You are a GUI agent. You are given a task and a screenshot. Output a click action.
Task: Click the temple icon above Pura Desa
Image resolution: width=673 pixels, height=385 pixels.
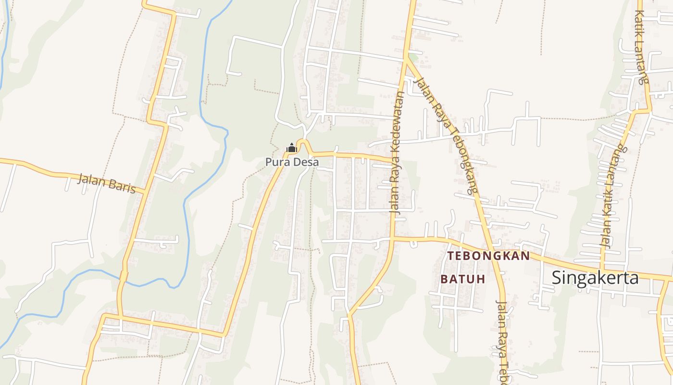(291, 148)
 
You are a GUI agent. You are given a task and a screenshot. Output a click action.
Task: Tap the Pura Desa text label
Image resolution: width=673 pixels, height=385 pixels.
(292, 162)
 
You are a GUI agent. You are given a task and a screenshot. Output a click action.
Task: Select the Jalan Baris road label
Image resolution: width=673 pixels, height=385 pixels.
(106, 183)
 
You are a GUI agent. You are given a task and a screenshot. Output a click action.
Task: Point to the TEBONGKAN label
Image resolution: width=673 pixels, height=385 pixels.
(488, 256)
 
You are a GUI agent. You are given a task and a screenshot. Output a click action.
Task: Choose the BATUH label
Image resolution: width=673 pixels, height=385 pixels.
(462, 279)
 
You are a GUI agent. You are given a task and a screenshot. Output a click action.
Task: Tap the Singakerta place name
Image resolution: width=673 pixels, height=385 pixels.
(595, 278)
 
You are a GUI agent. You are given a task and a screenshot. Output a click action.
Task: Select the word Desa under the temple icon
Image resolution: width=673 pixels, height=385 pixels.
(306, 162)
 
